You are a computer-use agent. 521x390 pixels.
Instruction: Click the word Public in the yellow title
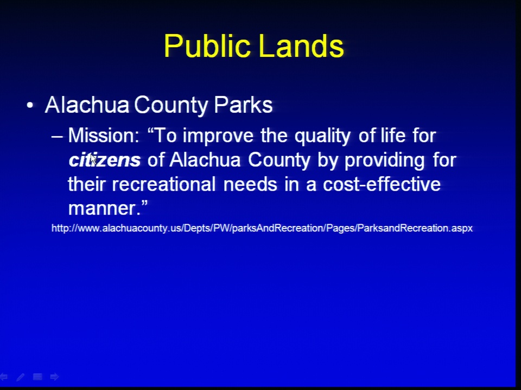(x=207, y=47)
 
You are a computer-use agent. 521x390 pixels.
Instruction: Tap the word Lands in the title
(x=301, y=45)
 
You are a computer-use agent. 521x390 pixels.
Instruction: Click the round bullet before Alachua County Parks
(x=30, y=106)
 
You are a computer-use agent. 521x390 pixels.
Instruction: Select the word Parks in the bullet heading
(x=243, y=105)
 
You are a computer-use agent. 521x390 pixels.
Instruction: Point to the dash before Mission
(x=57, y=136)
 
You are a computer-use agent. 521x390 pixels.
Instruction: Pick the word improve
(x=218, y=136)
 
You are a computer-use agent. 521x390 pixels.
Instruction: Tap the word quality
(x=322, y=136)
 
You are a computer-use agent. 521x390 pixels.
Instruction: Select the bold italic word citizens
(x=104, y=160)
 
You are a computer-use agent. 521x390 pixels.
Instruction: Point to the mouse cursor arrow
(x=93, y=159)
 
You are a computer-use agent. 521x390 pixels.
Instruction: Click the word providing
(x=384, y=160)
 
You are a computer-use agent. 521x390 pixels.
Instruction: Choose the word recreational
(x=164, y=184)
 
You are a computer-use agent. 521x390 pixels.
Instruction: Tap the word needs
(x=250, y=184)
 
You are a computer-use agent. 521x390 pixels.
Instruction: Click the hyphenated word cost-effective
(x=382, y=184)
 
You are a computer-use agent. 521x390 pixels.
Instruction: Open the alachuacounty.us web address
(x=262, y=228)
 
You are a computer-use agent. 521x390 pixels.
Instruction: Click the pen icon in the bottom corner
(x=20, y=377)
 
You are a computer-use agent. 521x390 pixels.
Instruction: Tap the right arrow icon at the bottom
(x=54, y=377)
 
